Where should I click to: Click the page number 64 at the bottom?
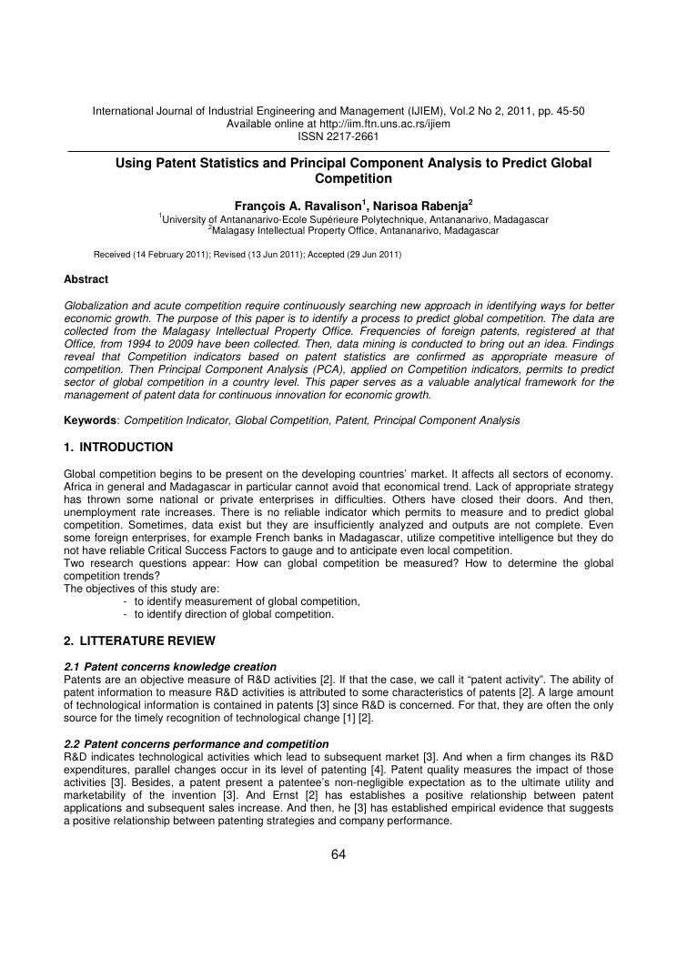[x=338, y=853]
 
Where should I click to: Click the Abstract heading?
[x=86, y=279]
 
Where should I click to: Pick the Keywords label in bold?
[x=90, y=420]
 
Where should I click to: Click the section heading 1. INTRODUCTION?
[x=118, y=448]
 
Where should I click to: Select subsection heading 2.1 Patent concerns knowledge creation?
[x=170, y=667]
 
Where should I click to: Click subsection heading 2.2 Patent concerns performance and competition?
[x=197, y=744]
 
